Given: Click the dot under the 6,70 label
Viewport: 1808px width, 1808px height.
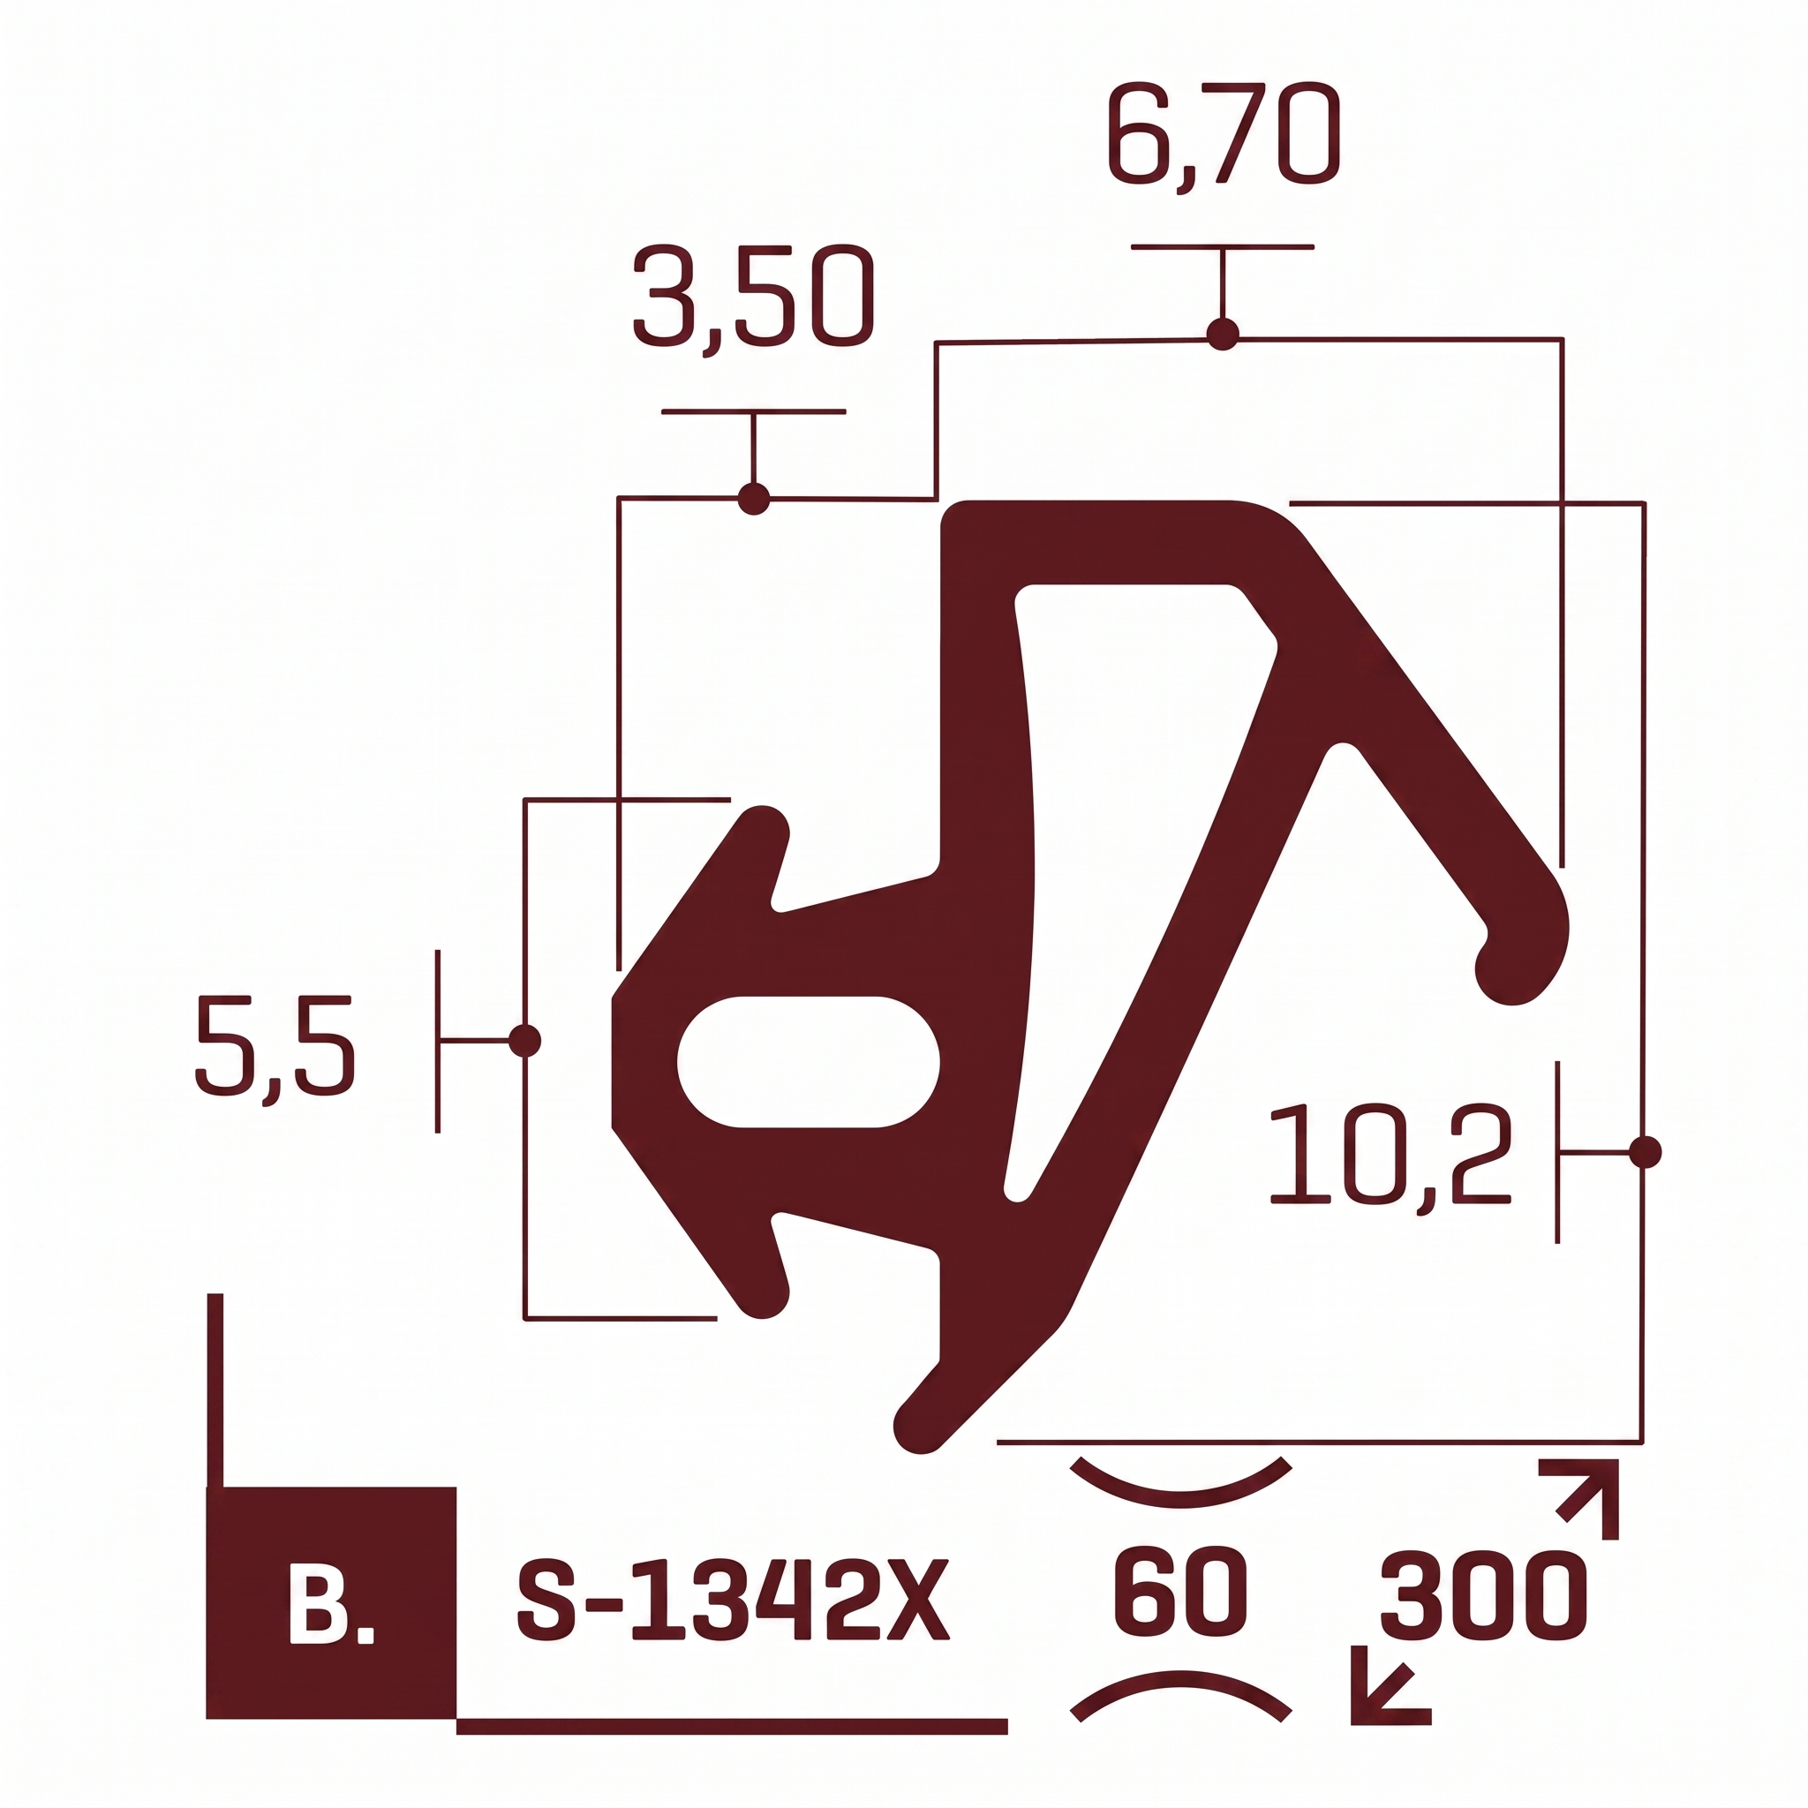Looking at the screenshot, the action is coord(1222,334).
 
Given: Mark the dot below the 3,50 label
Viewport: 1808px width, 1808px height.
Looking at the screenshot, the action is coord(753,499).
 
